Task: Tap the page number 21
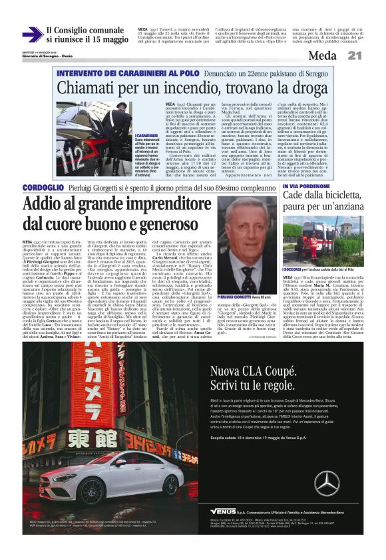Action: (354, 56)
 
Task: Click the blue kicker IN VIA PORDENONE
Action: (305, 187)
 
